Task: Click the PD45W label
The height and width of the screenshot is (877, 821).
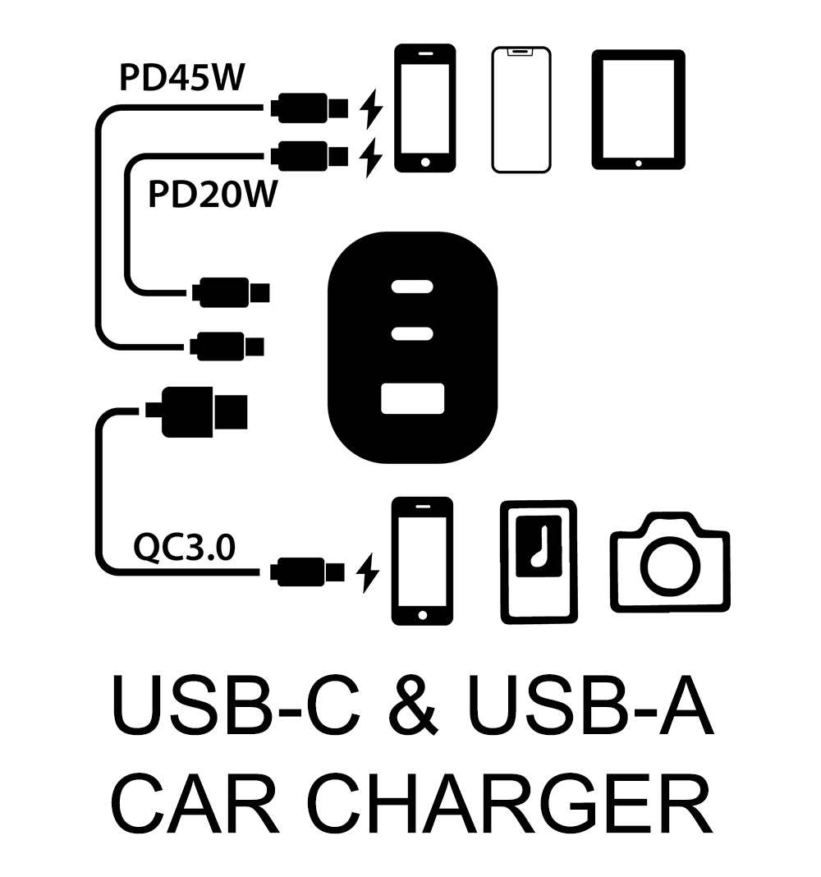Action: pos(182,79)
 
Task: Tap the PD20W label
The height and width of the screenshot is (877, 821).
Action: pos(213,196)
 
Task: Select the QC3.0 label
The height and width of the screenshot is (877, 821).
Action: pos(184,547)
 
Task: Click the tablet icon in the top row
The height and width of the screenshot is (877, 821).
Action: pos(638,109)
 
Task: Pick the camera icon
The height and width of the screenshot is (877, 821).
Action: pos(670,562)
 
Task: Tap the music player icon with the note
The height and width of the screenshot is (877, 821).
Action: pos(539,560)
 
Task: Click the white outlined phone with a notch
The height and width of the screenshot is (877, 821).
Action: pos(521,110)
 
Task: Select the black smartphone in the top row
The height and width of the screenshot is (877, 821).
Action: pos(424,108)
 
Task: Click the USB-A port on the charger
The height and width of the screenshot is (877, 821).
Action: pos(413,398)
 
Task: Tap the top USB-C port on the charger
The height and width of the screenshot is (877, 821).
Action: pos(413,288)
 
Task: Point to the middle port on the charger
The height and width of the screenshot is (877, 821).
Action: pos(413,333)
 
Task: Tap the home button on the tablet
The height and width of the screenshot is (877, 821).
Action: pos(638,163)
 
